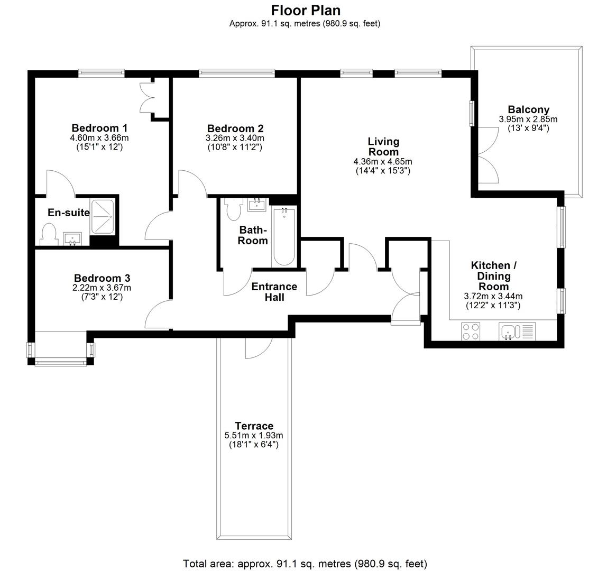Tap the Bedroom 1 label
pos(99,128)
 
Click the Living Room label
pos(383,146)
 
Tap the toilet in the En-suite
pos(49,234)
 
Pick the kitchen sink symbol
pos(508,331)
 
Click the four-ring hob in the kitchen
pos(471,331)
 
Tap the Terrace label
pos(254,426)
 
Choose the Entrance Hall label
pos(274,292)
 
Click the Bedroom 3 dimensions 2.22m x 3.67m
pos(102,288)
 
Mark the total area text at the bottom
pos(305,564)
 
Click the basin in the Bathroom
pos(257,205)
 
